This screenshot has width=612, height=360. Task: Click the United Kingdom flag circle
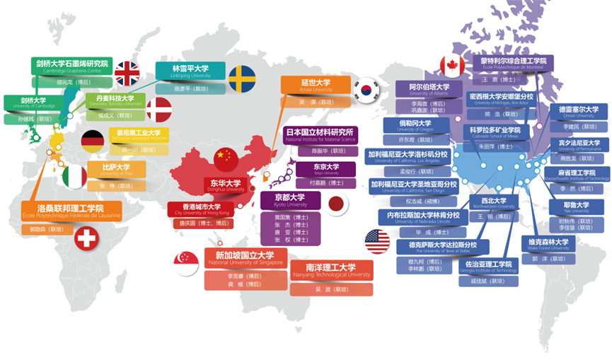(x=128, y=73)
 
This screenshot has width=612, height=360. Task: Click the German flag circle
(x=93, y=139)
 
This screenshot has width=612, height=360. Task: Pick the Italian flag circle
(x=74, y=175)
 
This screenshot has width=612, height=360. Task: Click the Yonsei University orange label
(x=316, y=86)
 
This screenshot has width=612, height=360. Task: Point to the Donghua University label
(x=226, y=185)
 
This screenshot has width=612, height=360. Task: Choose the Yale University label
(x=570, y=207)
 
